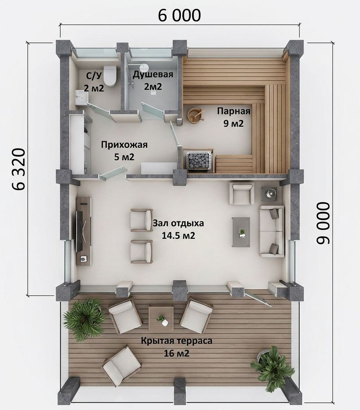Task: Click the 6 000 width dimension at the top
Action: (x=180, y=15)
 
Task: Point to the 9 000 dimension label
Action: (x=324, y=223)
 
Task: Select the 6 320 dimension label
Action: (x=18, y=169)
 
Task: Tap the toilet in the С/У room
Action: (x=110, y=76)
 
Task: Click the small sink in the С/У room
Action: (x=81, y=97)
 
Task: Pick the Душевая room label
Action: (x=153, y=75)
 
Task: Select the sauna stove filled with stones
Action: (x=199, y=160)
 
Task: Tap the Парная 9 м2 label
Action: (x=234, y=117)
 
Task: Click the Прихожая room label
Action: (x=124, y=145)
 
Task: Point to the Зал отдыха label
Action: (x=178, y=224)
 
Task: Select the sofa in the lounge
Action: (x=272, y=231)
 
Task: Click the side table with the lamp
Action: (x=271, y=193)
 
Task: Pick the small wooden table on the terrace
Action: (x=161, y=319)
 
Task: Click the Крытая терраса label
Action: (x=176, y=341)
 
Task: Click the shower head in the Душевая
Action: (x=144, y=68)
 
